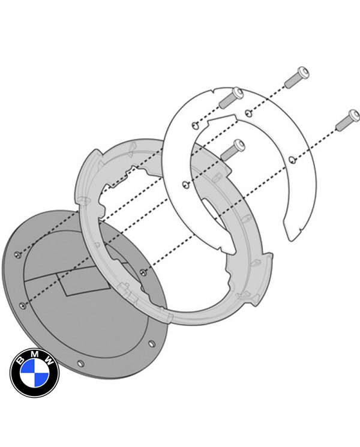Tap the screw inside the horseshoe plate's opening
pyautogui.click(x=232, y=149)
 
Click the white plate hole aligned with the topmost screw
pyautogui.click(x=248, y=112)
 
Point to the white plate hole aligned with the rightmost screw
pyautogui.click(x=291, y=159)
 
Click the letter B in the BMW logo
pyautogui.click(x=21, y=362)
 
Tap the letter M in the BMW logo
pyautogui.click(x=34, y=355)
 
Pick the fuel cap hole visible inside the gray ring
pyautogui.click(x=142, y=272)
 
